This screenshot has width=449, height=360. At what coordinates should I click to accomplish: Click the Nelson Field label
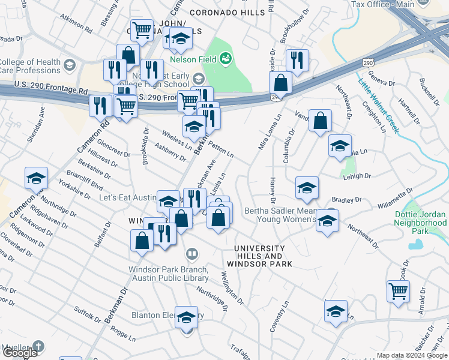[x=193, y=59]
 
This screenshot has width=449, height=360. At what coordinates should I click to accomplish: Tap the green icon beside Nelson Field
[x=226, y=58]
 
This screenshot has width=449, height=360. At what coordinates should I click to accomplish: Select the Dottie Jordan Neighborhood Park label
[x=421, y=222]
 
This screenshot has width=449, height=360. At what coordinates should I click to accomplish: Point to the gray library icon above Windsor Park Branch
[x=191, y=254]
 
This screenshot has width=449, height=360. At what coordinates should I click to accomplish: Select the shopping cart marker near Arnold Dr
[x=398, y=292]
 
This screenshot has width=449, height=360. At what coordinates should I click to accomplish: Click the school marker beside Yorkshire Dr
[x=36, y=178]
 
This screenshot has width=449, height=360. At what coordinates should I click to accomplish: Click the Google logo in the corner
[x=20, y=353]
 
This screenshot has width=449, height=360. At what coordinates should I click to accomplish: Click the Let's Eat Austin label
[x=127, y=197]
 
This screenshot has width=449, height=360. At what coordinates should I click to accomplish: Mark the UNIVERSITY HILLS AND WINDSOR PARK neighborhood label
[x=259, y=256]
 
